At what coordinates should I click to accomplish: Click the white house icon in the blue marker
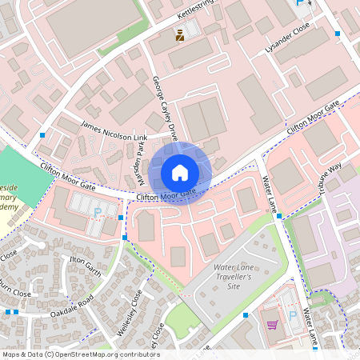pyautogui.click(x=180, y=172)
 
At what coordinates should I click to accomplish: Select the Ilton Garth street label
pyautogui.click(x=83, y=265)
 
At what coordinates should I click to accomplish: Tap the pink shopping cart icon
pyautogui.click(x=272, y=325)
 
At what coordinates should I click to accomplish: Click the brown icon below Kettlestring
pyautogui.click(x=181, y=34)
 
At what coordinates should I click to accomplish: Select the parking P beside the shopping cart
pyautogui.click(x=303, y=316)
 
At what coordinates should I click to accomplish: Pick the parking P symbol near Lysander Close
pyautogui.click(x=302, y=4)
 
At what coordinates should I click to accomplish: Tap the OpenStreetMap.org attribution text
pyautogui.click(x=80, y=354)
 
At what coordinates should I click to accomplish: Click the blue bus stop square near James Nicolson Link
pyautogui.click(x=42, y=135)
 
